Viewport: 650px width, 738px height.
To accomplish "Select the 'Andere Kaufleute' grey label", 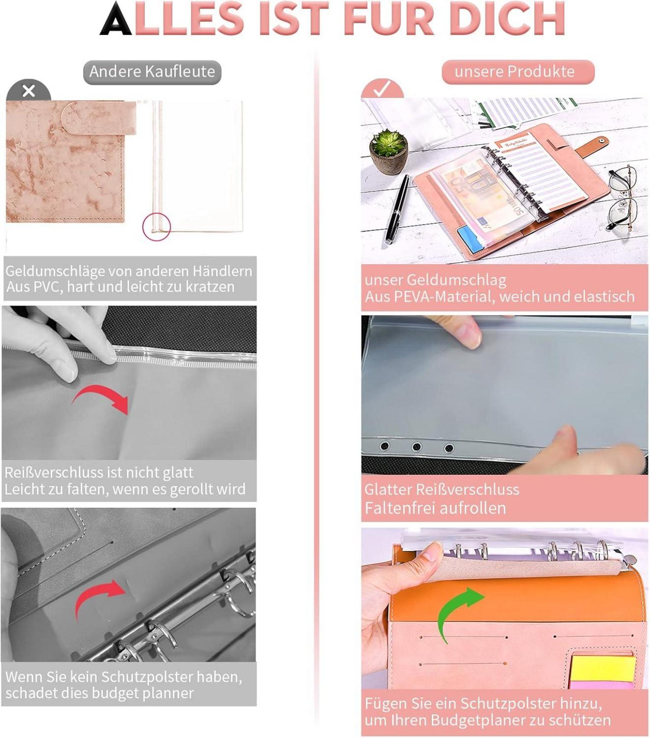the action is (152, 72).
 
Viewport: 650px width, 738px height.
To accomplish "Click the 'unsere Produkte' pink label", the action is (518, 72).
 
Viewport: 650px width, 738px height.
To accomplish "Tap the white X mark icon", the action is (29, 91).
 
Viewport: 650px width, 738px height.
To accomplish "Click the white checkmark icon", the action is (382, 89).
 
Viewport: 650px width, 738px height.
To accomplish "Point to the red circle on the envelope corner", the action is (156, 226).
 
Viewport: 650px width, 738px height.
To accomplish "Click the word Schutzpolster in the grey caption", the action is (148, 677).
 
